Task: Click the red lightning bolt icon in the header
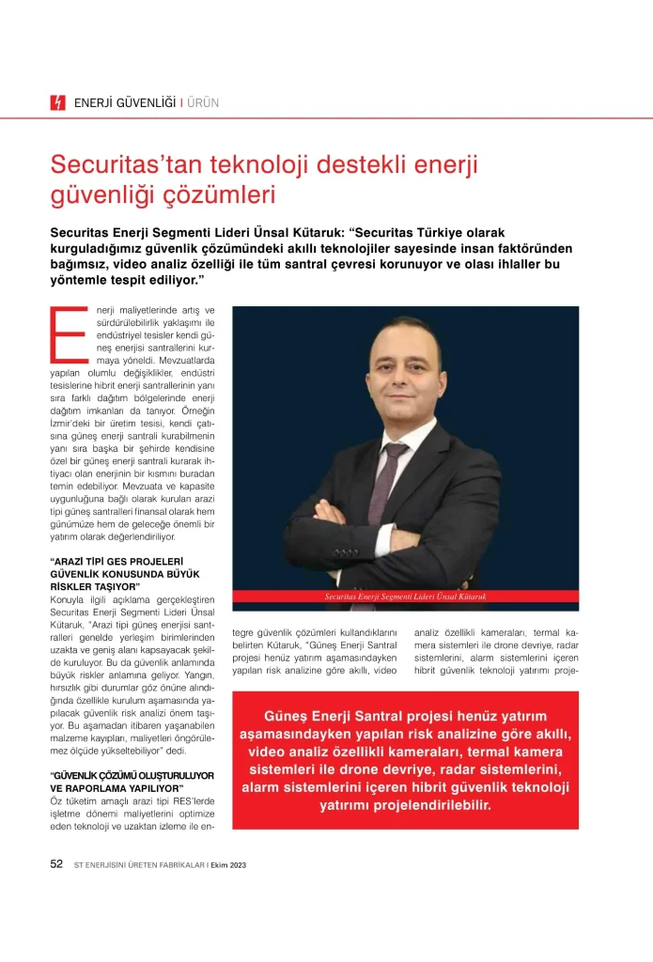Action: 58,103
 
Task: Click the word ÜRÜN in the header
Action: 202,103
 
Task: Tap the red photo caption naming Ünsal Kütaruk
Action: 405,597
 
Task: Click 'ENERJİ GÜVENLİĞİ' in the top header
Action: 125,103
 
